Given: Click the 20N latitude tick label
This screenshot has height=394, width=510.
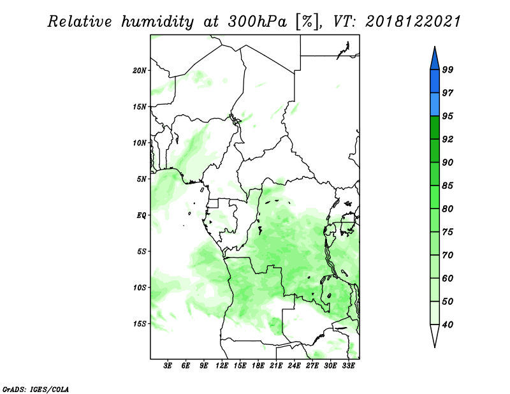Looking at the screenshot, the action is (x=140, y=70).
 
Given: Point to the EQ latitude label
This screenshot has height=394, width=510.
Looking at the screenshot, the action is (x=141, y=215).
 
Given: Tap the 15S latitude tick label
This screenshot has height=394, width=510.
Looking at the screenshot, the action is (x=140, y=324).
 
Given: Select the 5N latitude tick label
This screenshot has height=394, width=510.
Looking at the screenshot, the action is (x=142, y=179).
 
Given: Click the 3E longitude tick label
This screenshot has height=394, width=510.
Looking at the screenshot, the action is (x=168, y=365).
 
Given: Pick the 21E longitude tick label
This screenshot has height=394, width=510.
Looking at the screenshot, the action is (x=276, y=365).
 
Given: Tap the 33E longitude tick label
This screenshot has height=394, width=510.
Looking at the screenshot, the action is (x=348, y=365).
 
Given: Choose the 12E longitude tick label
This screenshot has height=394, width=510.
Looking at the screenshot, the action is (x=222, y=365).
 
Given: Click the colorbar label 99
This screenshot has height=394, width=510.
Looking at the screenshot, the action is (x=448, y=69).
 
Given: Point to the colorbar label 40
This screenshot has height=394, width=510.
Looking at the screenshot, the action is (x=448, y=325).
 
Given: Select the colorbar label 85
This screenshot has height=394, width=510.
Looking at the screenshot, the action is (x=448, y=186).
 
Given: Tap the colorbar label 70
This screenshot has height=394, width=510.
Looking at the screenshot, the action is (x=448, y=255).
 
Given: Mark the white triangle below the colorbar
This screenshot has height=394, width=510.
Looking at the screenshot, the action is (x=435, y=334).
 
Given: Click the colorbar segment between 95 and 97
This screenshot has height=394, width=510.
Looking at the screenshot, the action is (x=435, y=105).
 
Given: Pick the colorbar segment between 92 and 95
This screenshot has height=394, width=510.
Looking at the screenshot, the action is (x=435, y=128).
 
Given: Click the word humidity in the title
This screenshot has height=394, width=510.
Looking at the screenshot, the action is (x=157, y=22).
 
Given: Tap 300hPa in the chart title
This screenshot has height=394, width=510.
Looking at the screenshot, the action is (x=258, y=22).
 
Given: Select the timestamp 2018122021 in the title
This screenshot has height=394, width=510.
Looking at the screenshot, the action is (x=413, y=22).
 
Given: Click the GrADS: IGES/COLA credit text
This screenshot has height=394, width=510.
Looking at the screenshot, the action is (x=36, y=389).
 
